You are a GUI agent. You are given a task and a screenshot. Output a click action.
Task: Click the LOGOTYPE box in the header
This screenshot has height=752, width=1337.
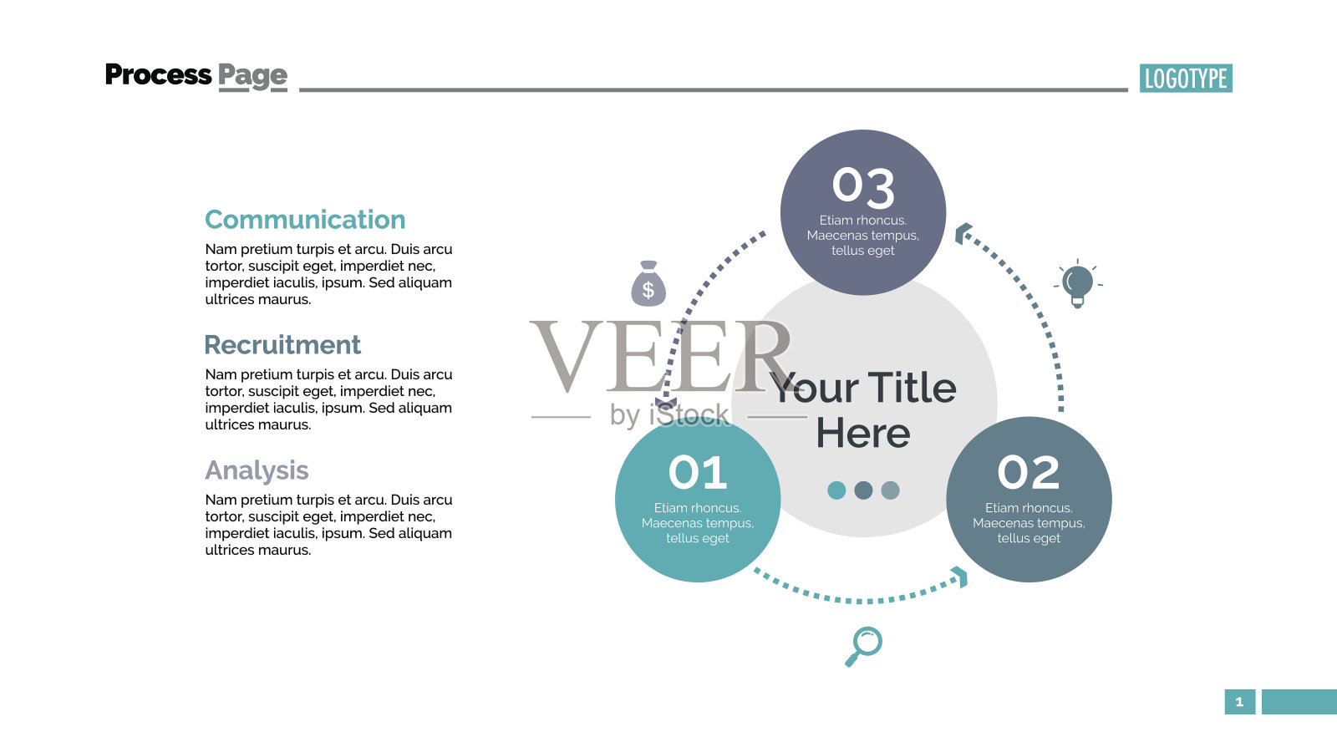(1186, 79)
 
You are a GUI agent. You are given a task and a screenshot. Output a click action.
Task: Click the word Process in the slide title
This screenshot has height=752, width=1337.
(158, 74)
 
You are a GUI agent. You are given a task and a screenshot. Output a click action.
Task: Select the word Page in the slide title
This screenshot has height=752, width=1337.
(252, 76)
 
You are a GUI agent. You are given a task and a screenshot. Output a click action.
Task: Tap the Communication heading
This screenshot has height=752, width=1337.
(305, 220)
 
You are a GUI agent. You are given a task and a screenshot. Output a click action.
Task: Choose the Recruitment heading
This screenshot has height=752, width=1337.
(282, 345)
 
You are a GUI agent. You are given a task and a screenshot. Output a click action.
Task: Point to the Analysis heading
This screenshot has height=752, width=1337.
(257, 471)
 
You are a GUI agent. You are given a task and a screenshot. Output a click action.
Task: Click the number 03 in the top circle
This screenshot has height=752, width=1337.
(863, 186)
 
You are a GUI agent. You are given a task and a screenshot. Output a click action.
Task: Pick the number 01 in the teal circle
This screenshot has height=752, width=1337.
(697, 472)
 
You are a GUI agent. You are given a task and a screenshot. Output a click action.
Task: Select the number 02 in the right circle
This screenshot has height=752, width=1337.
(1029, 472)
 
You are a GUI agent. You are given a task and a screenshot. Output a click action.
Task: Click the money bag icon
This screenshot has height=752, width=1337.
(648, 284)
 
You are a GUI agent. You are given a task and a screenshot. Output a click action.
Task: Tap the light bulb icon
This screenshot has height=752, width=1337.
(1077, 283)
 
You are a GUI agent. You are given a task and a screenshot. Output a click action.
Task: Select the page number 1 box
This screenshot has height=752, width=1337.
(1240, 702)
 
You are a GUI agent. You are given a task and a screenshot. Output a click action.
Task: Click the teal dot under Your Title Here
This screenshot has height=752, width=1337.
(836, 490)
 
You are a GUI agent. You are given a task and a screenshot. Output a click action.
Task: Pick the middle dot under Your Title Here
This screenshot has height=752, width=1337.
(863, 490)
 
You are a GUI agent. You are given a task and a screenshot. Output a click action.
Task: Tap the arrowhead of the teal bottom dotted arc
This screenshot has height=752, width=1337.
(960, 577)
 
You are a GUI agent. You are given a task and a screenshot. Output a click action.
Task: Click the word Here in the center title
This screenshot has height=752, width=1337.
(863, 434)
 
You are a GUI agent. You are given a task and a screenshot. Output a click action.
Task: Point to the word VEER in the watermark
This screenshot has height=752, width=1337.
(659, 356)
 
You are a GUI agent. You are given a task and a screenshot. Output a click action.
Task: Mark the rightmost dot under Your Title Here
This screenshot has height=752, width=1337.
(890, 490)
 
